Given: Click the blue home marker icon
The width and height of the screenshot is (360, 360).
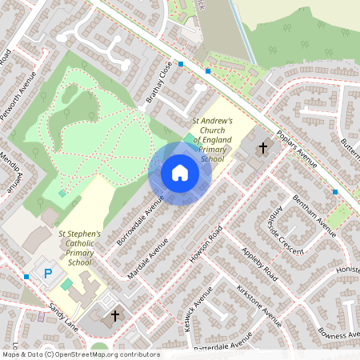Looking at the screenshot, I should coord(180,173).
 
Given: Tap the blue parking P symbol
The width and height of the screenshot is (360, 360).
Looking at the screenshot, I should coord(48,274).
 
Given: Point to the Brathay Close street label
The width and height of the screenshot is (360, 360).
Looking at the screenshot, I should coord(158,83).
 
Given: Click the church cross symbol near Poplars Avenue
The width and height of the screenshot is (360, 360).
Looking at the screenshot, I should coord(262,148).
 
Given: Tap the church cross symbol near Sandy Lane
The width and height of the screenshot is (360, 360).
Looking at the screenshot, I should coord(114,317).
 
